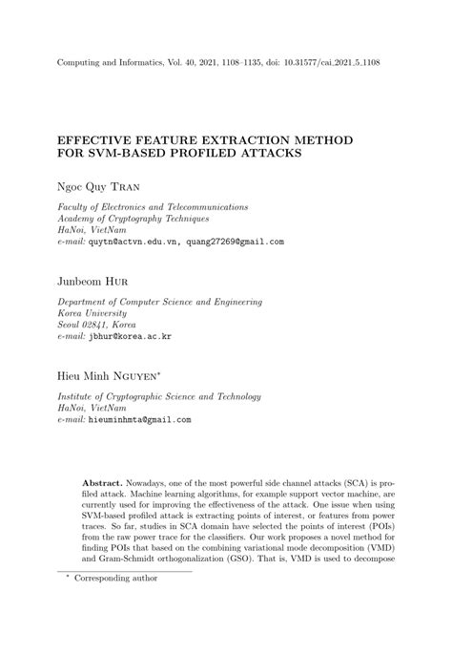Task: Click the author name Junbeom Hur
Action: [93, 283]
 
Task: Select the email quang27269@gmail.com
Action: [235, 242]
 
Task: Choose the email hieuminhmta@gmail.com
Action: [139, 419]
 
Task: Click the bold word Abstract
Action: [104, 485]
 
